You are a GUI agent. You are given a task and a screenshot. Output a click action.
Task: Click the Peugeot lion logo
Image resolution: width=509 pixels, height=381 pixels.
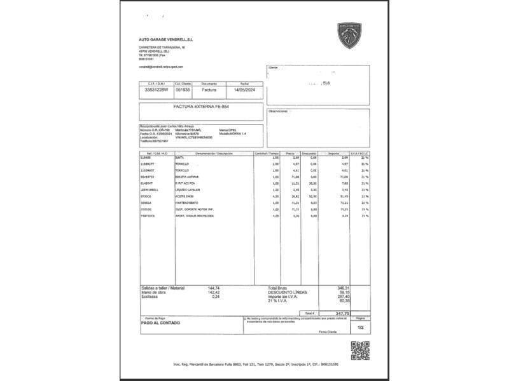tap(349, 36)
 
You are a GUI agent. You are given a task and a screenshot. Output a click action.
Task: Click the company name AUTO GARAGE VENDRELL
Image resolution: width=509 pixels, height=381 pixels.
tap(165, 39)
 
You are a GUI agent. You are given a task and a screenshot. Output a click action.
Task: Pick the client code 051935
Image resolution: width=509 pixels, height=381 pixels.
tap(183, 90)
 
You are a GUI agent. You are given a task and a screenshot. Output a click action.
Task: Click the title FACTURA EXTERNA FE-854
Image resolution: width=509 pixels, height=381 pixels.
tap(200, 107)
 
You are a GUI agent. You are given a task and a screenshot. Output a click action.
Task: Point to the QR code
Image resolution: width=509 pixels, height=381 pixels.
tap(359, 350)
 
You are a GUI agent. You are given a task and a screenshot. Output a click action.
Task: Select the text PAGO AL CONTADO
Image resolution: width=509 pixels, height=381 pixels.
tap(160, 323)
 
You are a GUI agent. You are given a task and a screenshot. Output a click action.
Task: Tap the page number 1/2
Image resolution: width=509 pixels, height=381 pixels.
tap(360, 328)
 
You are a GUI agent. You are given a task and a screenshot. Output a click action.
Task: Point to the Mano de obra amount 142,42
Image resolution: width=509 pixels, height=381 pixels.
tap(213, 292)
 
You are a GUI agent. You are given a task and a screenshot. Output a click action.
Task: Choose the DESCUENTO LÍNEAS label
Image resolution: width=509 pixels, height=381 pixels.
tap(288, 292)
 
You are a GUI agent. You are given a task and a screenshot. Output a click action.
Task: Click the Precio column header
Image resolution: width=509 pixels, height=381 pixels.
tap(290, 154)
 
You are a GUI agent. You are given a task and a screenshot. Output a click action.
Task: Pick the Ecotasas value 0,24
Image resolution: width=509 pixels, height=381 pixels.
tap(216, 297)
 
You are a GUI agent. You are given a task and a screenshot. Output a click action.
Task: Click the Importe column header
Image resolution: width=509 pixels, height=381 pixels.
tap(333, 154)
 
